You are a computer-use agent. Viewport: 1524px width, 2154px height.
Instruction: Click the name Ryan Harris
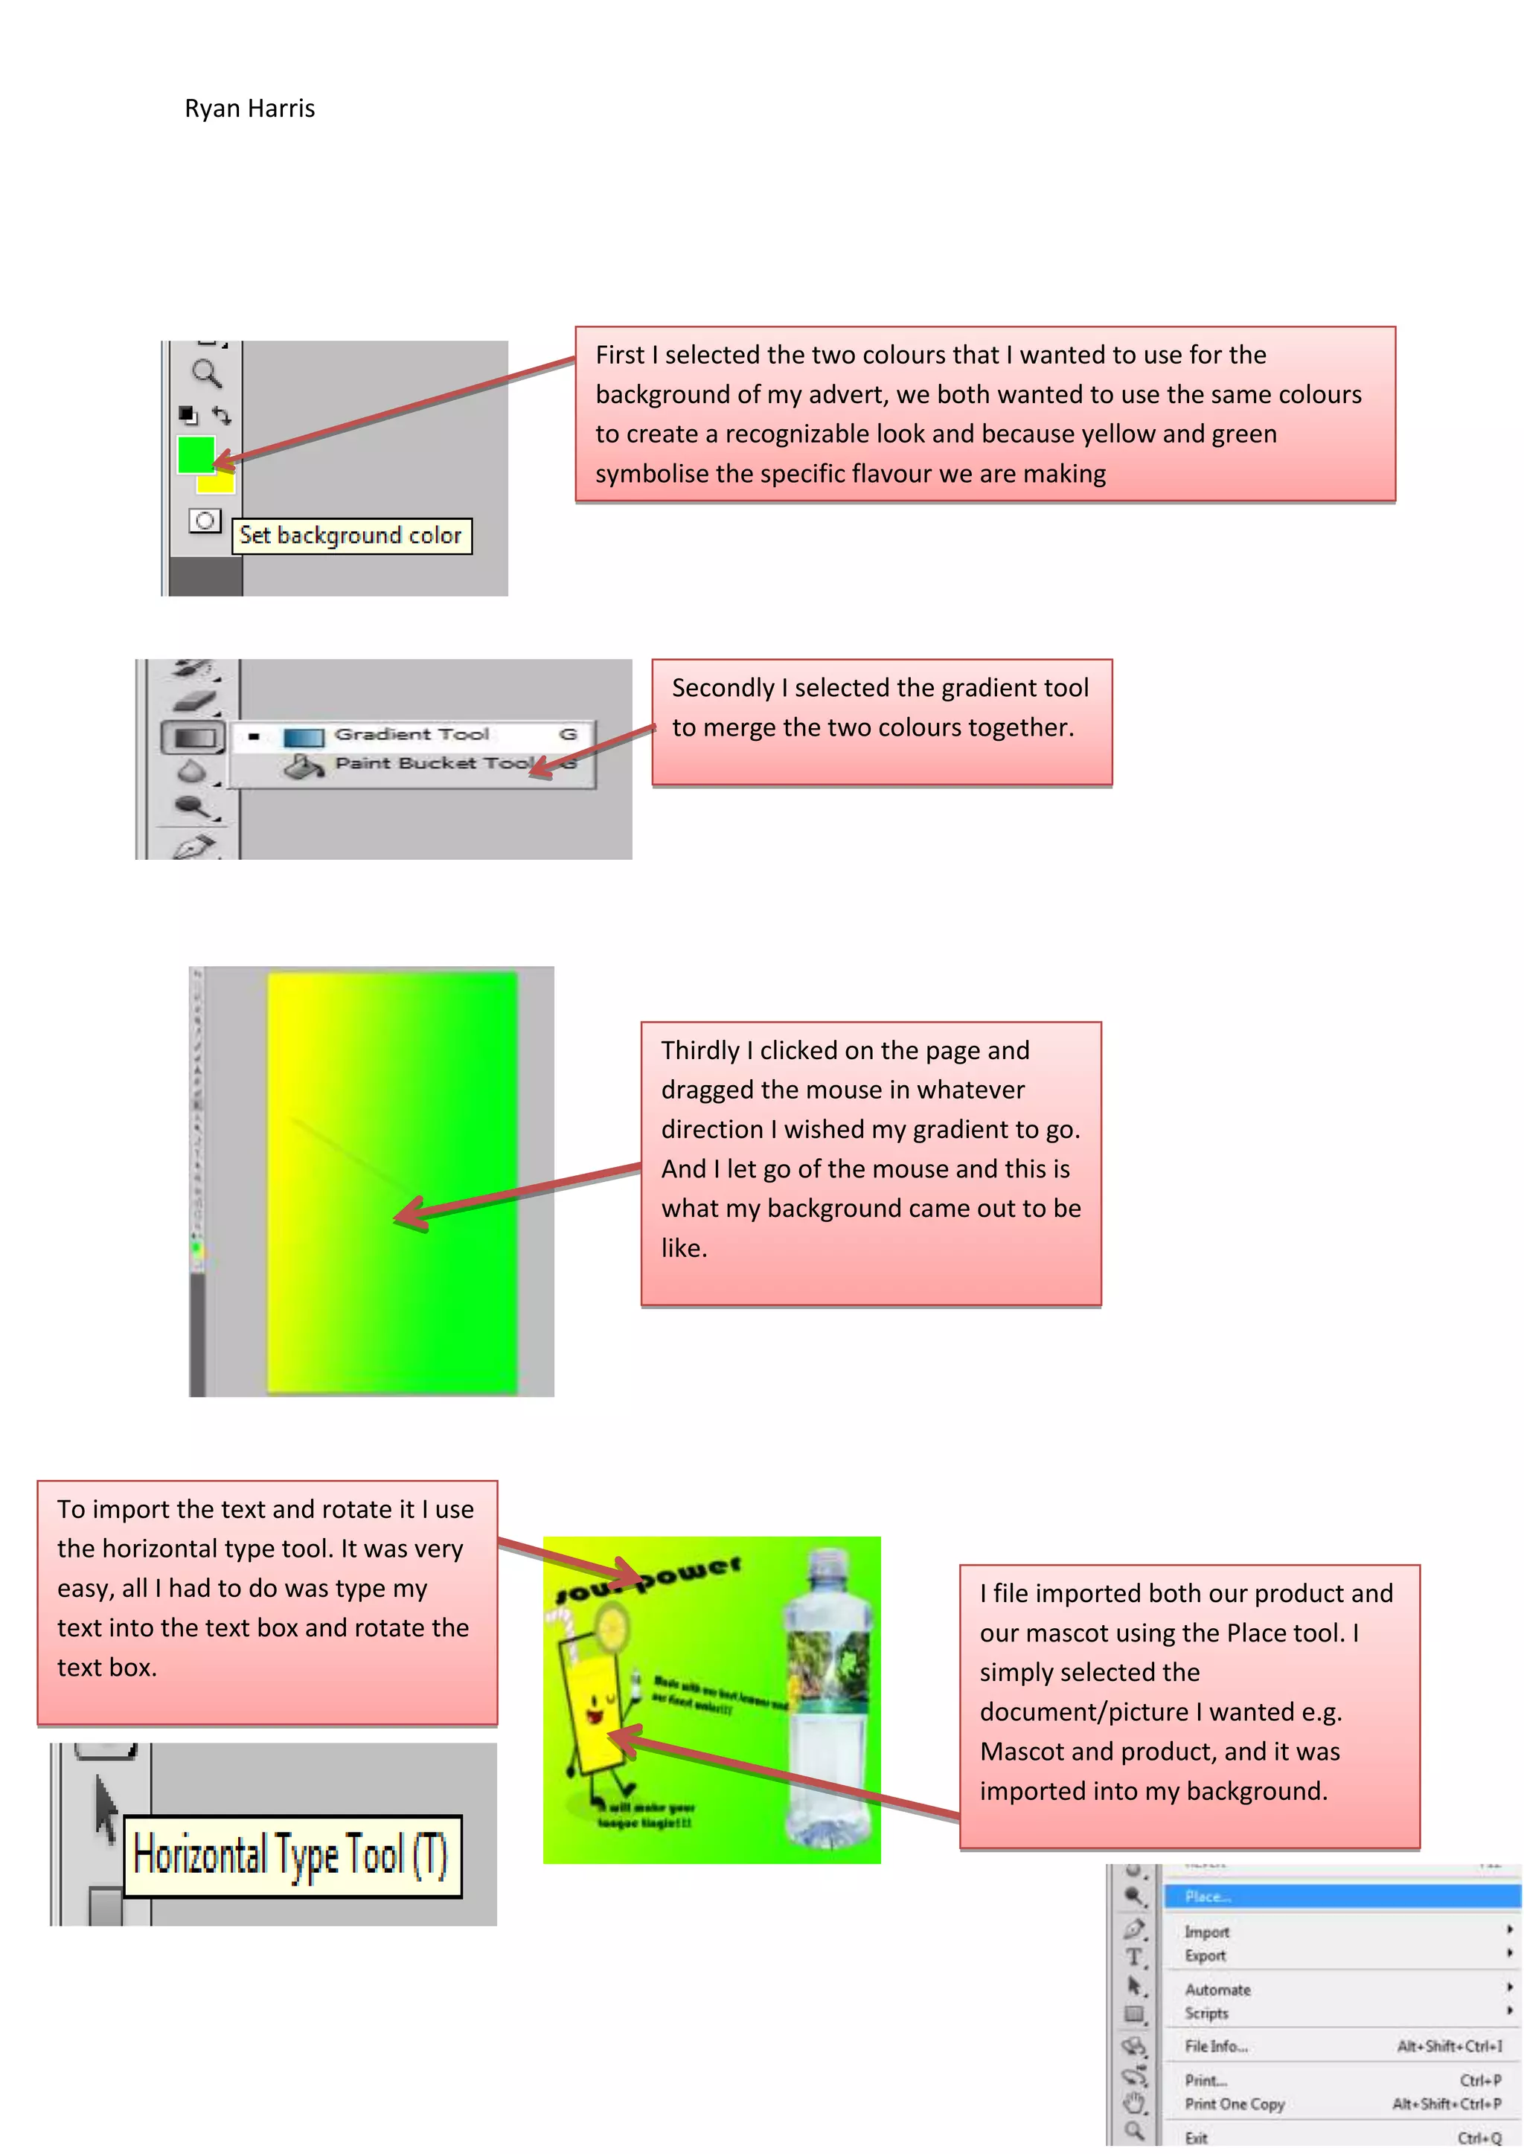click(x=249, y=109)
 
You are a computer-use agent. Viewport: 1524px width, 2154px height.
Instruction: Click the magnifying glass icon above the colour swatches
click(x=205, y=373)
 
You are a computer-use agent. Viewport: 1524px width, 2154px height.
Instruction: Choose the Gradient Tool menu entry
click(x=411, y=735)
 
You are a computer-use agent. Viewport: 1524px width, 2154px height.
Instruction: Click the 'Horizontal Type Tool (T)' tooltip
click(x=292, y=1855)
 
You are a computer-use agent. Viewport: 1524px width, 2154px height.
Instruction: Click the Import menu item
click(x=1207, y=1932)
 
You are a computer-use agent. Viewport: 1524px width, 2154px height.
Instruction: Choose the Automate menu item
click(x=1217, y=1990)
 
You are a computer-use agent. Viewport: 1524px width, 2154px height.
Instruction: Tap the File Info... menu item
click(x=1216, y=2046)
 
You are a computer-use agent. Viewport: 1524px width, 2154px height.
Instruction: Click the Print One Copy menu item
click(x=1234, y=2103)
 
